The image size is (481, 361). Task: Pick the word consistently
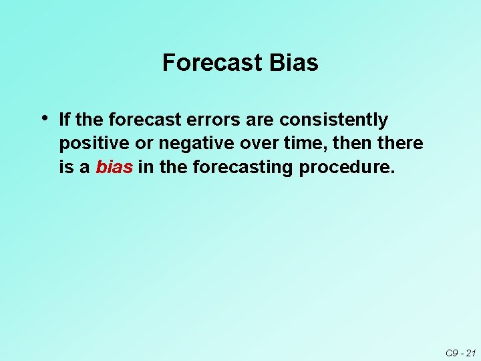coord(333,120)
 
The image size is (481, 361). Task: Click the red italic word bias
coord(114,167)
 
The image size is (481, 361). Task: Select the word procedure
coord(347,167)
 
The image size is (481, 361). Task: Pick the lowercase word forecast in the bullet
coord(140,120)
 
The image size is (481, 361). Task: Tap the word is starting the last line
coord(65,167)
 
